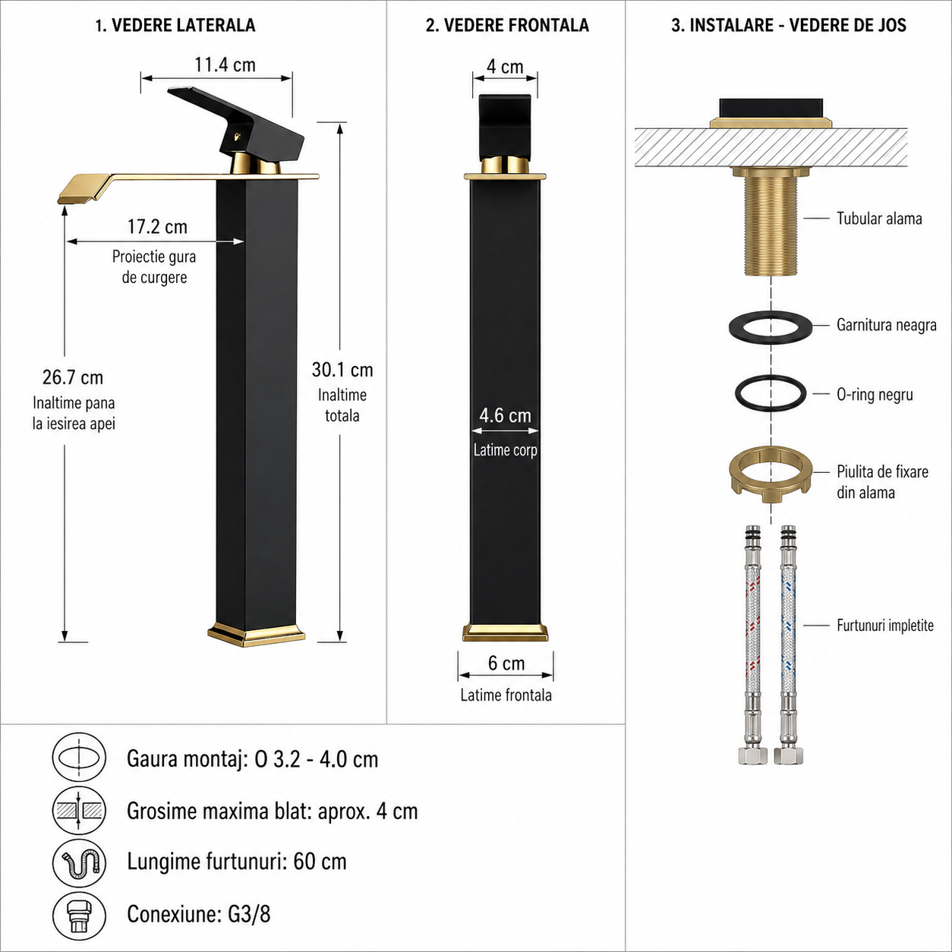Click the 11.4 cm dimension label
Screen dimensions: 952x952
click(225, 65)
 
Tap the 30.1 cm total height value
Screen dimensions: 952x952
click(342, 370)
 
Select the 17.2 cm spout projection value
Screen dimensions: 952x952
click(158, 227)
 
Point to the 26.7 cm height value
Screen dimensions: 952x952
click(73, 377)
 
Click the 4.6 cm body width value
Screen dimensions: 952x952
click(505, 415)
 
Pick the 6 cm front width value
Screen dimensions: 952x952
click(506, 663)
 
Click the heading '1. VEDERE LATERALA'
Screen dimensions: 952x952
click(175, 25)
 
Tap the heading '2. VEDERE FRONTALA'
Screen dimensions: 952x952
click(507, 25)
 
